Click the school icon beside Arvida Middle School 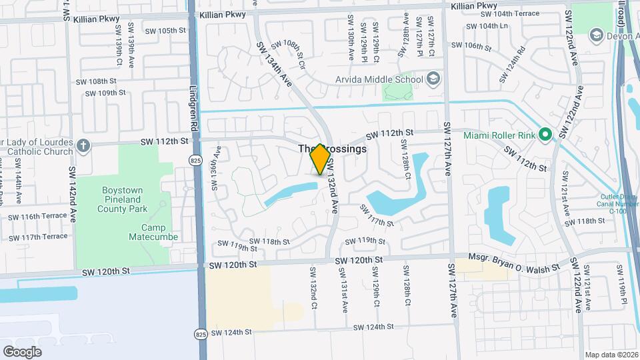coord(433,80)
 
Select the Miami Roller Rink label coord(500,135)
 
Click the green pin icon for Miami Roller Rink coord(545,135)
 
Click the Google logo coord(22,351)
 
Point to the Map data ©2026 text coord(611,355)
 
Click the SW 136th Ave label coord(216,174)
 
